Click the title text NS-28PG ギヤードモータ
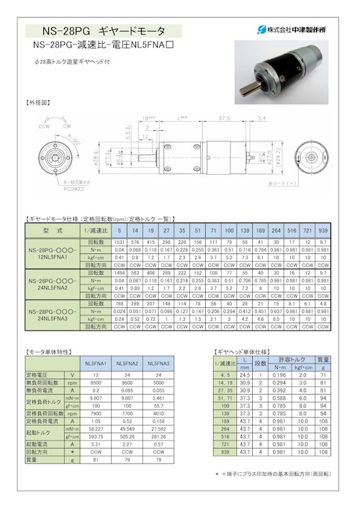click(x=103, y=31)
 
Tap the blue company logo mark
click(x=262, y=30)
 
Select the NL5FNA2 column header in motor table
click(x=125, y=364)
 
